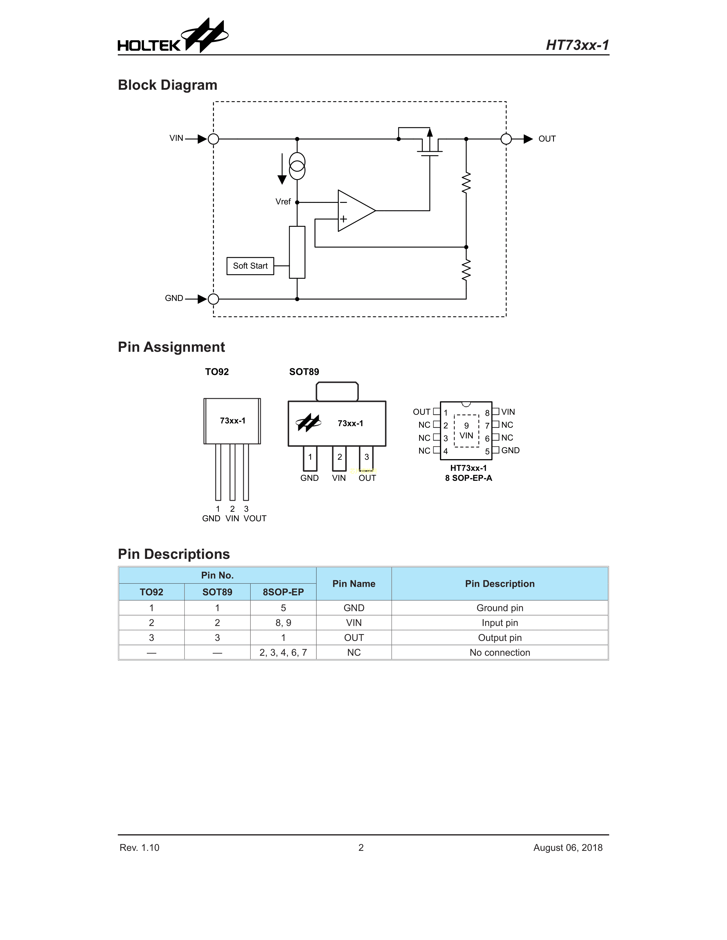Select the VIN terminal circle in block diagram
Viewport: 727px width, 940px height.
pyautogui.click(x=213, y=139)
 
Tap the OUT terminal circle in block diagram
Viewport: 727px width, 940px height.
pyautogui.click(x=506, y=139)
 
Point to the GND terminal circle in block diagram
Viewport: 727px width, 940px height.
pyautogui.click(x=213, y=299)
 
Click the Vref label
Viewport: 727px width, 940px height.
pyautogui.click(x=283, y=201)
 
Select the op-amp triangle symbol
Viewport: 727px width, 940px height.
pyautogui.click(x=355, y=211)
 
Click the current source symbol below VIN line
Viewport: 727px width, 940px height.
pyautogui.click(x=297, y=166)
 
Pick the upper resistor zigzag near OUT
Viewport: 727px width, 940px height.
pyautogui.click(x=466, y=183)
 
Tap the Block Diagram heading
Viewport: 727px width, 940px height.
pyautogui.click(x=168, y=85)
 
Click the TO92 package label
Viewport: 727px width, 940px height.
pyautogui.click(x=217, y=372)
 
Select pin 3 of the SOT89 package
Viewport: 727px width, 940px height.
pyautogui.click(x=367, y=457)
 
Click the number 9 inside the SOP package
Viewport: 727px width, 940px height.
pyautogui.click(x=466, y=426)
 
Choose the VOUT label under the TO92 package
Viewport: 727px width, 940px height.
pyautogui.click(x=255, y=519)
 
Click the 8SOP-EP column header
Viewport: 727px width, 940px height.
pyautogui.click(x=283, y=592)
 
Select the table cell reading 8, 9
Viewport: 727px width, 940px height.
pyautogui.click(x=283, y=623)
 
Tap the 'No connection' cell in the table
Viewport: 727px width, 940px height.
pyautogui.click(x=499, y=653)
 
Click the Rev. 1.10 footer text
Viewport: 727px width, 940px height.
pyautogui.click(x=139, y=847)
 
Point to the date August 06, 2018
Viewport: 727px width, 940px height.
pyautogui.click(x=568, y=847)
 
